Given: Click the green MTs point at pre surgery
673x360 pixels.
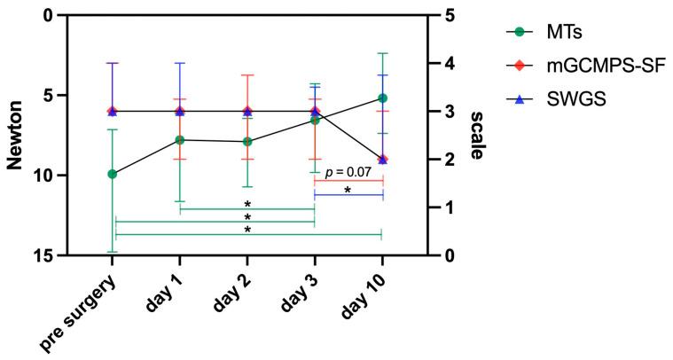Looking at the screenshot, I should [x=113, y=174].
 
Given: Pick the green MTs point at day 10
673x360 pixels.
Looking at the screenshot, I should [x=382, y=98].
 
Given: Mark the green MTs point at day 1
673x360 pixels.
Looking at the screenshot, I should [x=180, y=139].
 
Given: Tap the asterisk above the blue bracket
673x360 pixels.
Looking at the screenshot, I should [x=348, y=190].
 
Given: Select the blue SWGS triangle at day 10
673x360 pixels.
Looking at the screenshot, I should [x=382, y=159].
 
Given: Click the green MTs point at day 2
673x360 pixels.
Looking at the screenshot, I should [x=247, y=141].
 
